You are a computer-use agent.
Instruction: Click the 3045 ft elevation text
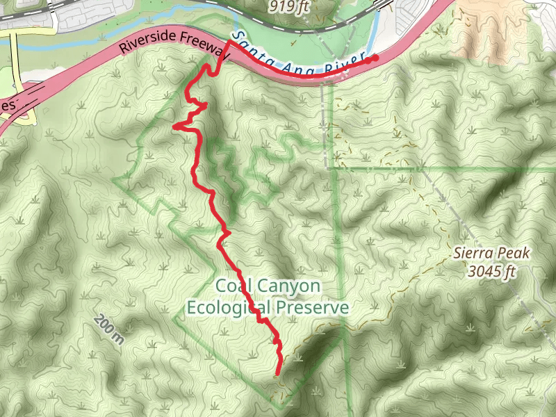click(491, 271)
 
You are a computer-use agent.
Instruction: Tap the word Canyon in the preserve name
click(287, 286)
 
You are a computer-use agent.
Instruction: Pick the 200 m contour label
click(107, 330)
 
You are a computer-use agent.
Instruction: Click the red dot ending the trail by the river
click(376, 58)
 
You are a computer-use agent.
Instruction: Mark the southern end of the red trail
click(278, 374)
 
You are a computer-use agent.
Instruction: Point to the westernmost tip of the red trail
click(174, 126)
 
